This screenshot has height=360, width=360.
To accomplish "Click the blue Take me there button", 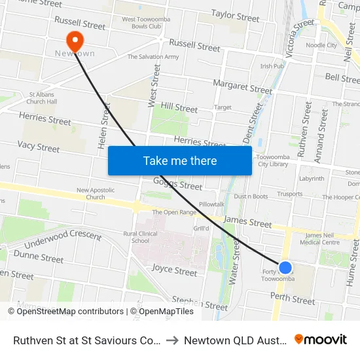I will (180, 160).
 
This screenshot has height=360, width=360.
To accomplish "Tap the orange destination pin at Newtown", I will (76, 42).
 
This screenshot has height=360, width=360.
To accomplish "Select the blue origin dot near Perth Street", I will (285, 267).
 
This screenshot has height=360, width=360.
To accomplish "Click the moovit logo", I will (321, 340).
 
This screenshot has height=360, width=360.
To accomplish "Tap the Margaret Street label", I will (242, 86).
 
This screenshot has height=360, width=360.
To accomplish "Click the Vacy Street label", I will (39, 147).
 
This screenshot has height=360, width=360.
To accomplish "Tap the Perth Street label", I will (293, 300).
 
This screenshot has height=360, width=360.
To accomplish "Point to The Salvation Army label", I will (153, 58).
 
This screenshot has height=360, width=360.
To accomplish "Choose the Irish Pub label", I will (272, 66).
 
